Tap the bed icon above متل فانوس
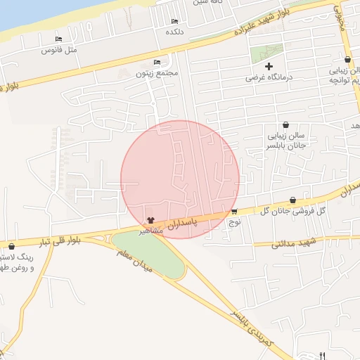click(x=58, y=39)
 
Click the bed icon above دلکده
click(x=174, y=22)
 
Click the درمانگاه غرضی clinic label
click(x=269, y=77)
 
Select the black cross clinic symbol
click(x=269, y=65)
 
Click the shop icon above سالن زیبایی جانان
click(x=285, y=124)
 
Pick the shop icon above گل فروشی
click(x=292, y=200)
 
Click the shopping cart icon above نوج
click(x=234, y=212)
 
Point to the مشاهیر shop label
click(x=151, y=231)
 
